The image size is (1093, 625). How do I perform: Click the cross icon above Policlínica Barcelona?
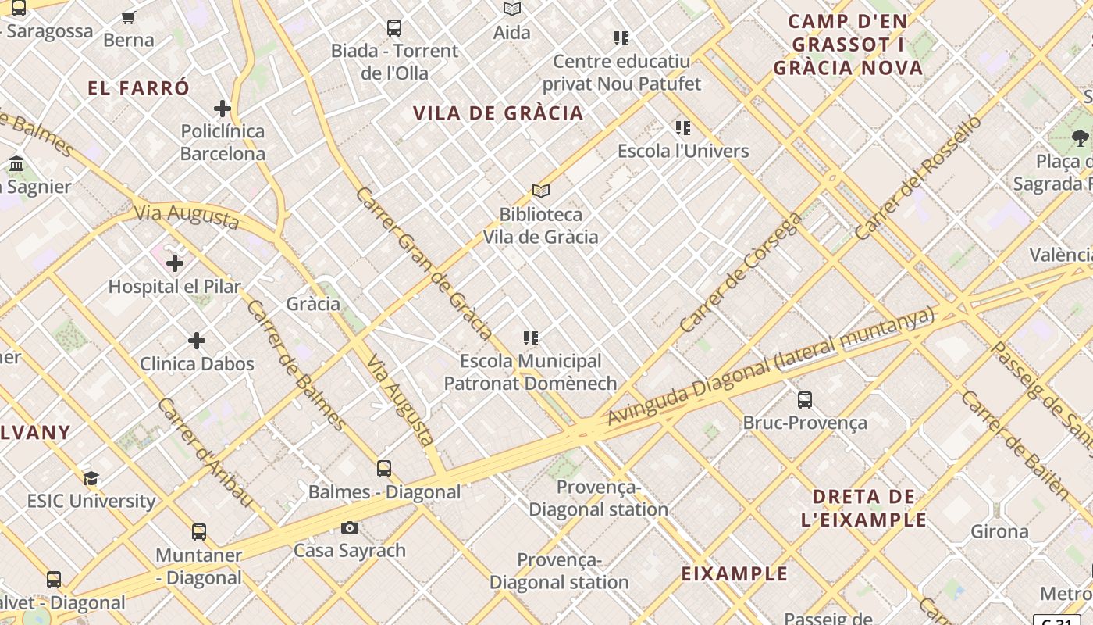point(223,108)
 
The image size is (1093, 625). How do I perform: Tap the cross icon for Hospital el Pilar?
point(175,263)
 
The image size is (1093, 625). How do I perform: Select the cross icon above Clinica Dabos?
point(197,341)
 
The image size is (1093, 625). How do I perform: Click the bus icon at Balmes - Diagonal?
point(384,469)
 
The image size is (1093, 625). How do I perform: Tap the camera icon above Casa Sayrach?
point(350,527)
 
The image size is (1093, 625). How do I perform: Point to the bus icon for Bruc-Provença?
point(805,400)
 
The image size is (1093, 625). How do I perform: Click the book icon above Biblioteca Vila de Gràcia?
point(540,191)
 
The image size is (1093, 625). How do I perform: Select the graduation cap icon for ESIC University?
point(91,478)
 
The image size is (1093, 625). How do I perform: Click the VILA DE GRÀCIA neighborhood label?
point(498,113)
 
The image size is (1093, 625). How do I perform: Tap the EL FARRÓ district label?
point(139,87)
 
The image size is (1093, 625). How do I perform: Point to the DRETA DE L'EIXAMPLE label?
point(863,508)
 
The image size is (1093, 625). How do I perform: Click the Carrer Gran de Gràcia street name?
point(422,263)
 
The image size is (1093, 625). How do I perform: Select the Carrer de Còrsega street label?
point(740,272)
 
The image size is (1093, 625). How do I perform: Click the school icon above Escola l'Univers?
point(683,128)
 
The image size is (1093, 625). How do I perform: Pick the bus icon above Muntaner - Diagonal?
point(199,532)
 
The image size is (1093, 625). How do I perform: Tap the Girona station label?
point(999,532)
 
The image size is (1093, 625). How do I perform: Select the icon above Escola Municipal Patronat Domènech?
point(531,338)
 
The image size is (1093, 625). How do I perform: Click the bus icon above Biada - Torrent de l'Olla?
point(394,28)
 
